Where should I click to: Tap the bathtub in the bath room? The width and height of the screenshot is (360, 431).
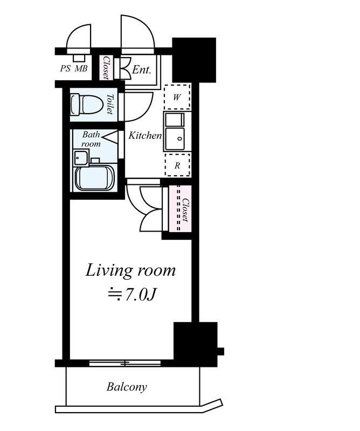(94, 178)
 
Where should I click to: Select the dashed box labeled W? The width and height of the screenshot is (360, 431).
(177, 97)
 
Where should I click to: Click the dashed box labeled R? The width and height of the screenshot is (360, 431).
(177, 165)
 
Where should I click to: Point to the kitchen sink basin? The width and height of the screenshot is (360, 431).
(175, 138)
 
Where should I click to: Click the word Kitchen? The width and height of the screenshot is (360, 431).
(145, 136)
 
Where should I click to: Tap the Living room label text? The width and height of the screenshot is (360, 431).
(130, 271)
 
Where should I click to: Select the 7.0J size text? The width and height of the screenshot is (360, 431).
(131, 295)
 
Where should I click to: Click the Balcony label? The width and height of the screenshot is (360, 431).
(127, 387)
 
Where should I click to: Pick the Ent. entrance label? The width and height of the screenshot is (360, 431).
(142, 69)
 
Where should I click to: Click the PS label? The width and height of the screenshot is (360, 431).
(65, 68)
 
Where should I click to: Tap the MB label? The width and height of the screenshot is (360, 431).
(81, 68)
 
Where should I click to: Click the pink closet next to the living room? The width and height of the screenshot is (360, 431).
(180, 208)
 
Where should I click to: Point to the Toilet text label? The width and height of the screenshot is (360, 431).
(110, 104)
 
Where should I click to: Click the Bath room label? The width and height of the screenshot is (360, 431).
(91, 139)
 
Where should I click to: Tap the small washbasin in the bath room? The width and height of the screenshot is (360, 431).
(81, 157)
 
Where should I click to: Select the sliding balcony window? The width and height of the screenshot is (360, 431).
(125, 363)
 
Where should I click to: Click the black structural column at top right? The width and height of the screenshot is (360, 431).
(194, 60)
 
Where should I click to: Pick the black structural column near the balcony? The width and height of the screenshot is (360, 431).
(196, 344)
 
